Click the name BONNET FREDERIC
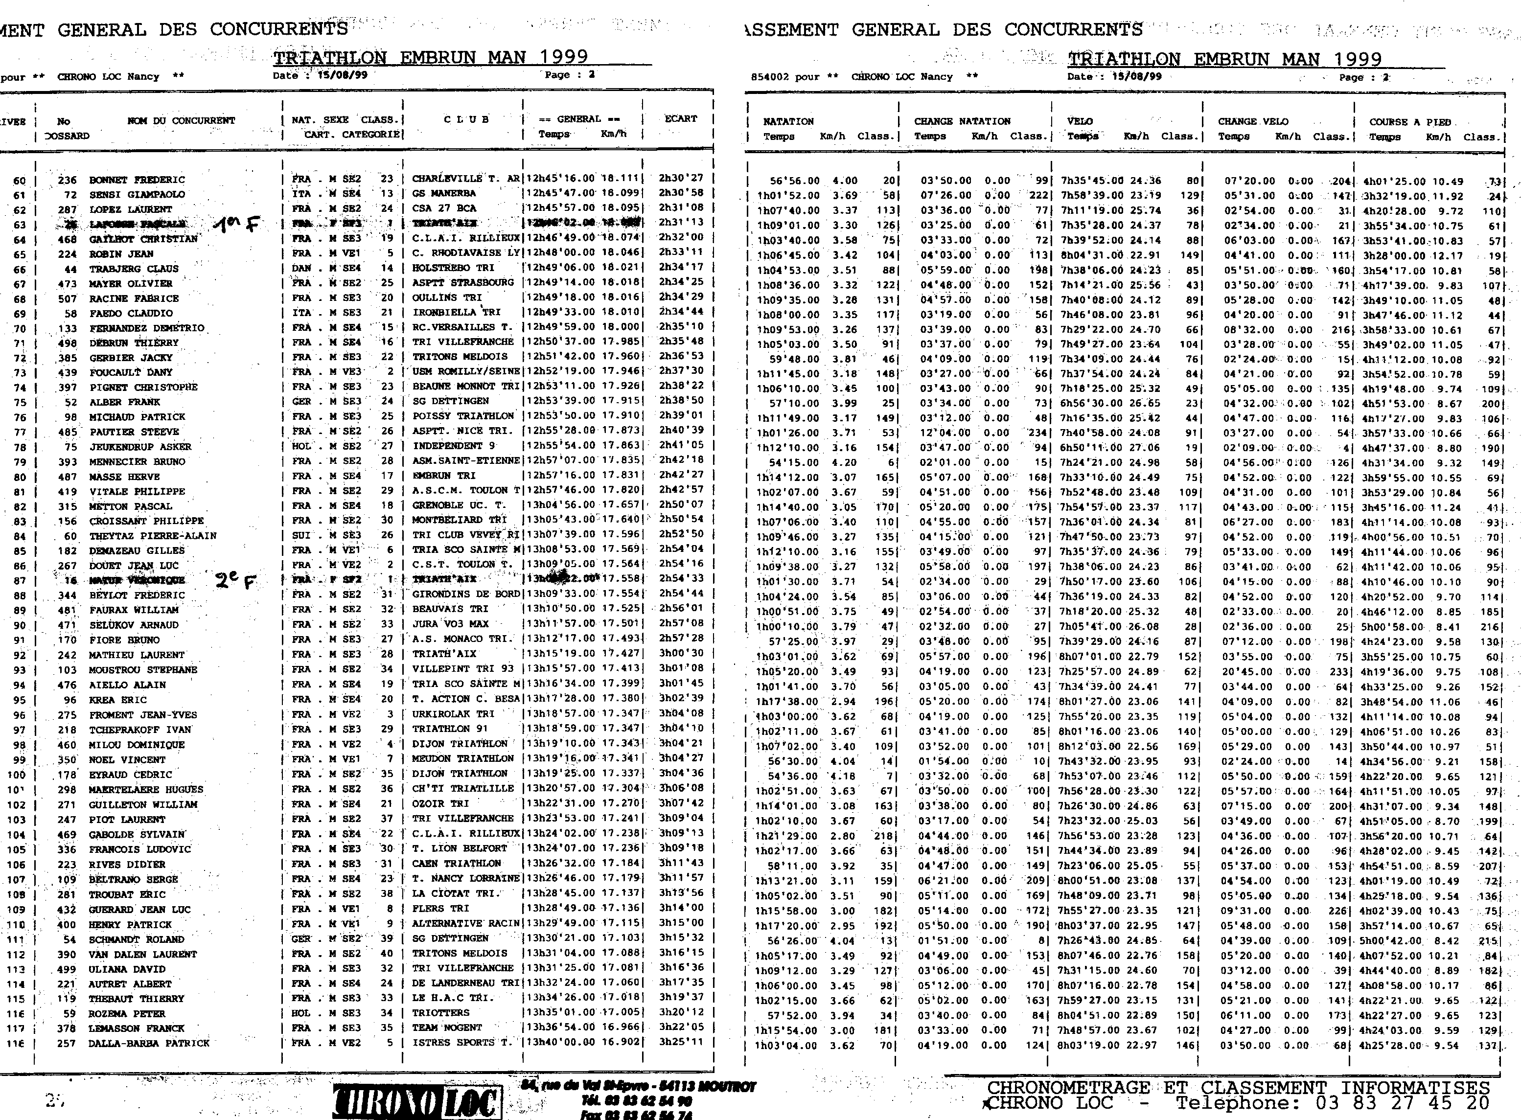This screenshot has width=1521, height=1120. pos(137,180)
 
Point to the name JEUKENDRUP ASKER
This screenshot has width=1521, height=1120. pos(140,447)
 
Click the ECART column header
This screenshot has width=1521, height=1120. pos(680,118)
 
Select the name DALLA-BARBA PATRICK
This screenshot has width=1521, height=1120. pos(148,1043)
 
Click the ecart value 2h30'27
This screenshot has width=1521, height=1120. pos(681,178)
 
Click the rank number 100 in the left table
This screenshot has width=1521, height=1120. pos(16,774)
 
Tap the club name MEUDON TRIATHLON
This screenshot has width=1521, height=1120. pos(462,758)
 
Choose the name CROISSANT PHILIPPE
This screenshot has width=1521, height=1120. pos(146,521)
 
